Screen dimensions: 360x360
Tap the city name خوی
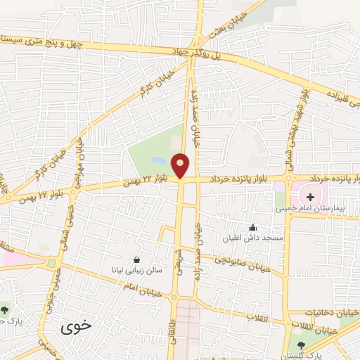click(x=76, y=327)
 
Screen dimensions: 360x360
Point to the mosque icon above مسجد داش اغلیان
click(x=253, y=227)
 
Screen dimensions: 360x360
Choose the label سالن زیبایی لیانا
click(x=134, y=269)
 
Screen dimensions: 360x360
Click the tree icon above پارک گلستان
click(x=302, y=345)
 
